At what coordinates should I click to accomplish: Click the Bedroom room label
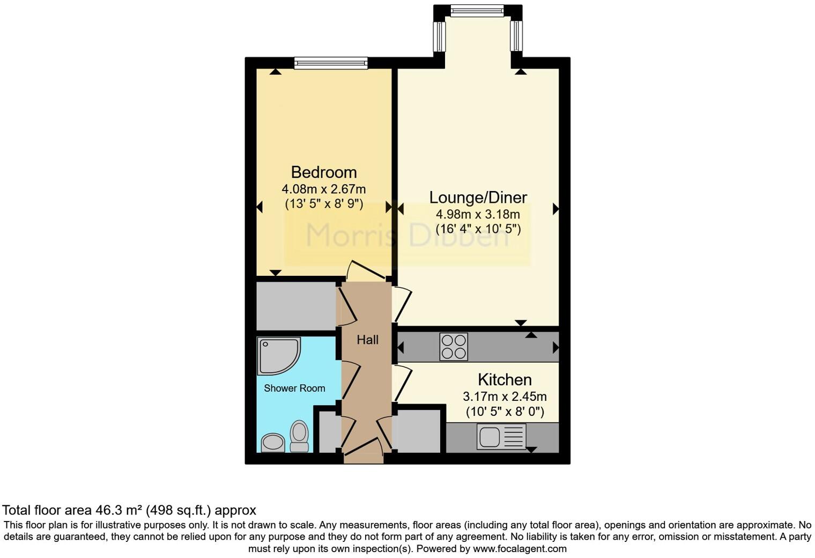(323, 172)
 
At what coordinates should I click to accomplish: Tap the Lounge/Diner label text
(478, 197)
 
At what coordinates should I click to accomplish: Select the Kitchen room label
(505, 380)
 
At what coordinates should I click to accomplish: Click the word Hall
(367, 340)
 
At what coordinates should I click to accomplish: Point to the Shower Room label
(294, 388)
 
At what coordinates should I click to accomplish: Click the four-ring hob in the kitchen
(454, 347)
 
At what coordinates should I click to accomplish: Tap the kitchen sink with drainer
(501, 436)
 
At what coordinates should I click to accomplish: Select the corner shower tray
(277, 355)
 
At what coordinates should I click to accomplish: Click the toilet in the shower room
(299, 436)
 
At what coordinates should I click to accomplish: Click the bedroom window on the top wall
(331, 63)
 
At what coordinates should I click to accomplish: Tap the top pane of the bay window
(477, 10)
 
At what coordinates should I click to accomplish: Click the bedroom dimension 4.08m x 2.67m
(323, 189)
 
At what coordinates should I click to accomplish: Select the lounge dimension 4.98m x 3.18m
(478, 215)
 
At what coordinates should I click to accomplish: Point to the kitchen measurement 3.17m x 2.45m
(505, 397)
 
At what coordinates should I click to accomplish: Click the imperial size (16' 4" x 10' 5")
(478, 230)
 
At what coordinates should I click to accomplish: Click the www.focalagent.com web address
(519, 549)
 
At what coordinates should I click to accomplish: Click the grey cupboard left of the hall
(296, 306)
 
